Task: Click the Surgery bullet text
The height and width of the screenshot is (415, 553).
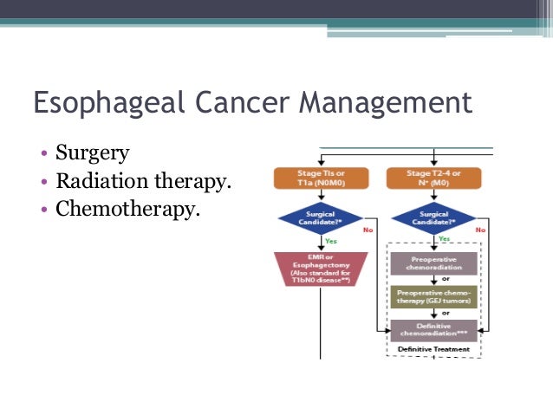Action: pos(92,153)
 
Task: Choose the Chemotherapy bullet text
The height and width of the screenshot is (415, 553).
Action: pos(127,209)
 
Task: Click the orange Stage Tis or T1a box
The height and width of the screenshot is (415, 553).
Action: pos(321,178)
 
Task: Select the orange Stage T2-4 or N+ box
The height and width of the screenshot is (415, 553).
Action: pos(433,178)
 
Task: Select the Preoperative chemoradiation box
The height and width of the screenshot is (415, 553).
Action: pos(433,263)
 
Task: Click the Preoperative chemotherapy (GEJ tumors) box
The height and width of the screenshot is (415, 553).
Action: pos(433,296)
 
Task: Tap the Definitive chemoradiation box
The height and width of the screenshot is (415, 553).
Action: pos(433,330)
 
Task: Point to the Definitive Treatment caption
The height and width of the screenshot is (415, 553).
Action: pos(433,349)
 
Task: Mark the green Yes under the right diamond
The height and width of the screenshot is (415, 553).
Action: pos(444,237)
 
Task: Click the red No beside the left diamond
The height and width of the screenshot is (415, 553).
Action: pos(368,230)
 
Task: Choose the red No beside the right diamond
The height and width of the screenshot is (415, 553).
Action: pos(481,230)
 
